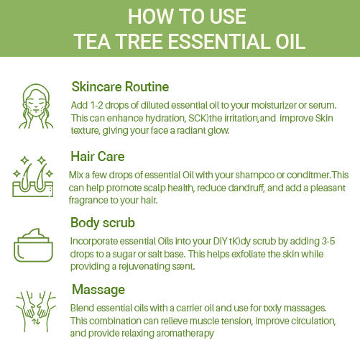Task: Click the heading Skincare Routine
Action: click(x=120, y=86)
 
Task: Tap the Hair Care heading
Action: click(x=98, y=157)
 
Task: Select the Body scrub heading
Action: click(x=103, y=223)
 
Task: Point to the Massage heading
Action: click(x=98, y=290)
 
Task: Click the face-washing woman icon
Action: click(x=36, y=106)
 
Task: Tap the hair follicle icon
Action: click(x=33, y=177)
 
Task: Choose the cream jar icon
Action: click(x=33, y=245)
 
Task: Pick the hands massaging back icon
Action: click(x=36, y=311)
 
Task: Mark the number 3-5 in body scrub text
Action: click(x=328, y=241)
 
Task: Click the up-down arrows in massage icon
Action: click(x=36, y=321)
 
